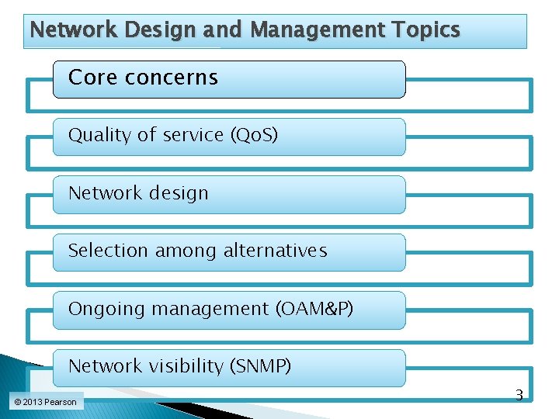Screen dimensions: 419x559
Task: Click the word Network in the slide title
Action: click(62, 30)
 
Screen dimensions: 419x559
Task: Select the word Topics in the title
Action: click(426, 30)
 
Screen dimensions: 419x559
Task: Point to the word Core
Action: click(90, 78)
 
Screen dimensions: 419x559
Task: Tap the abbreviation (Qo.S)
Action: click(254, 135)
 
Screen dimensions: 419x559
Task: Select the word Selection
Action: click(107, 251)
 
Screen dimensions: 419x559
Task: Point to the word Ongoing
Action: click(106, 309)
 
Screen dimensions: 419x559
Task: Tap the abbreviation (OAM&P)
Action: click(314, 309)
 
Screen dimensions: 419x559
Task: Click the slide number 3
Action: click(519, 396)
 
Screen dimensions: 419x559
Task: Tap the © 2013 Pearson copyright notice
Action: click(45, 402)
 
